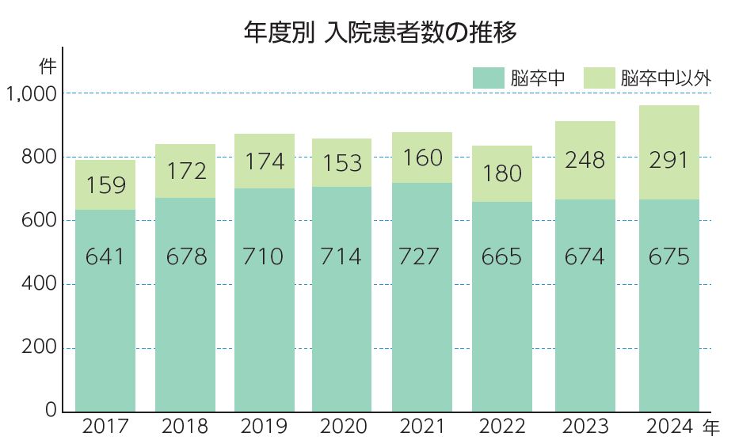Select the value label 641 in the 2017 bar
[x=105, y=257]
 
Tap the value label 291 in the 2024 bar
[x=668, y=161]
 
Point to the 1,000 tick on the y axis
[x=31, y=94]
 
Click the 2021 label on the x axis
[x=423, y=427]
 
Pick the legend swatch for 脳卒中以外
[x=600, y=78]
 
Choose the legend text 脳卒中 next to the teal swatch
[x=536, y=78]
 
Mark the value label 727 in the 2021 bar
[x=423, y=257]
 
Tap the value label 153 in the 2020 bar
[x=343, y=163]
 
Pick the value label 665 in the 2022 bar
[x=502, y=257]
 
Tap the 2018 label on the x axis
[x=185, y=427]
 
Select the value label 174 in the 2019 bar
[x=264, y=161]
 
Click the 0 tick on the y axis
[x=51, y=411]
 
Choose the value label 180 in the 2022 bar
[x=502, y=173]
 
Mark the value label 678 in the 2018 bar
[x=185, y=257]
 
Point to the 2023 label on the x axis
[x=585, y=427]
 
